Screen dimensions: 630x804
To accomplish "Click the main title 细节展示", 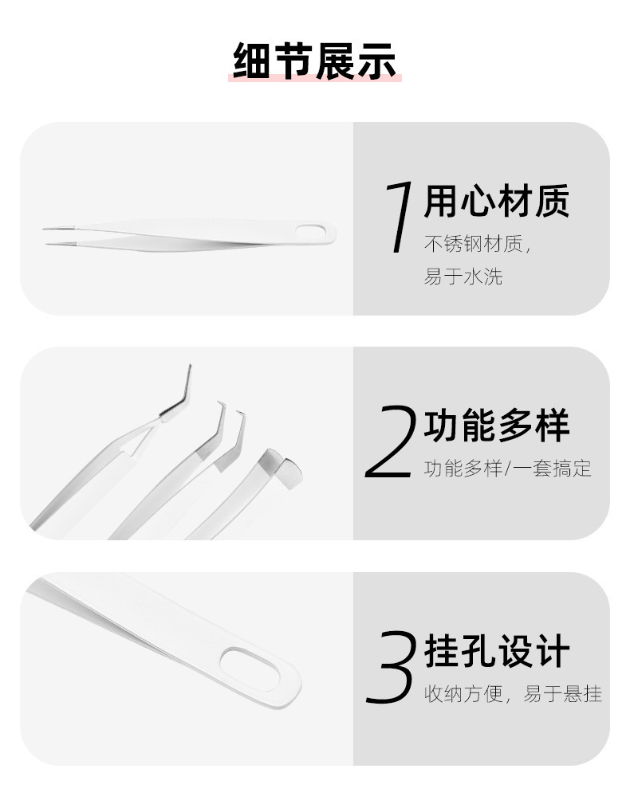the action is [315, 61].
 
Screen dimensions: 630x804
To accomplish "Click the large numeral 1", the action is [400, 217].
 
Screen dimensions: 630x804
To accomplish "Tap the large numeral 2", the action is [390, 441].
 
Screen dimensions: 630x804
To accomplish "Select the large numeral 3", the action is [390, 667].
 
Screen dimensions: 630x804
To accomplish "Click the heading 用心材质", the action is [497, 201].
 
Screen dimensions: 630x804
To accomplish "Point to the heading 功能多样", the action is [497, 425].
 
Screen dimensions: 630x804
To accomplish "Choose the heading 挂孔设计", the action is [497, 651].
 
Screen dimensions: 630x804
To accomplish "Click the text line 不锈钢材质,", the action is [478, 245].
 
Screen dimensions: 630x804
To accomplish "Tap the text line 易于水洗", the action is [463, 276].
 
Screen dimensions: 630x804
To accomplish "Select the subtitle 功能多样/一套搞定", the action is [508, 469].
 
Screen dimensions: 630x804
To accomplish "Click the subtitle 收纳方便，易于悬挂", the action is [513, 694].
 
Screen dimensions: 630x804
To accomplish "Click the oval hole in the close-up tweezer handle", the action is [250, 668].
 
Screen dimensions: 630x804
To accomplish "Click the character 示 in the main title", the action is [377, 61].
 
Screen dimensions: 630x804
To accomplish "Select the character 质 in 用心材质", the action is [552, 201].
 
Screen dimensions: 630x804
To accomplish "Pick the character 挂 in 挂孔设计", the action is [442, 651].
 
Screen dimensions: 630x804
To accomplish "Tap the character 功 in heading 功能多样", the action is [442, 425].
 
